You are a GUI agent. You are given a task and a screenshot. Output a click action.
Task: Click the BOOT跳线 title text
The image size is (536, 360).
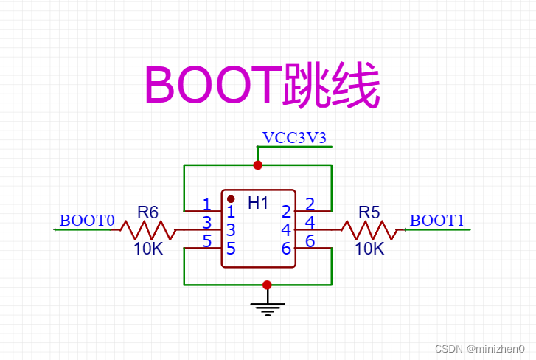click(262, 86)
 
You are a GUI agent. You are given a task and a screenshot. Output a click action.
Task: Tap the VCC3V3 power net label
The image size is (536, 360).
click(294, 138)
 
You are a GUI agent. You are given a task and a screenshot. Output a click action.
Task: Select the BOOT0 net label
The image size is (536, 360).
click(87, 221)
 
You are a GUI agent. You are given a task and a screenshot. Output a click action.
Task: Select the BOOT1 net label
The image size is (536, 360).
click(437, 221)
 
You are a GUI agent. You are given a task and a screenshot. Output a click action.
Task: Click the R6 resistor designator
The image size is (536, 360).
click(148, 212)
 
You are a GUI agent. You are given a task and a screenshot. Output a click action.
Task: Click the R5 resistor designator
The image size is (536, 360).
click(369, 212)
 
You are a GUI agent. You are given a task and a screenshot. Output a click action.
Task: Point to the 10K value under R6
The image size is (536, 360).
click(148, 249)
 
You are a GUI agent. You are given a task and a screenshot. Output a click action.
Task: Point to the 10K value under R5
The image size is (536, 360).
click(369, 249)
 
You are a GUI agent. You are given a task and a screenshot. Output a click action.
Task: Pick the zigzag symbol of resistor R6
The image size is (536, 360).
click(148, 230)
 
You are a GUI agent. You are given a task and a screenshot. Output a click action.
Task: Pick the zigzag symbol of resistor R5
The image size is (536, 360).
click(369, 230)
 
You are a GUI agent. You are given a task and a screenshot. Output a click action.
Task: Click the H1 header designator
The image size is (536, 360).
click(258, 203)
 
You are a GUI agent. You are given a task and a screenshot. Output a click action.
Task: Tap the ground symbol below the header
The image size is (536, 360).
click(267, 306)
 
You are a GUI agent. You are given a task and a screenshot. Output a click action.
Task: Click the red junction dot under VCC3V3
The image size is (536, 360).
click(257, 165)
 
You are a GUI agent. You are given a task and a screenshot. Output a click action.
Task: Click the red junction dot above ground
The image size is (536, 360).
click(267, 285)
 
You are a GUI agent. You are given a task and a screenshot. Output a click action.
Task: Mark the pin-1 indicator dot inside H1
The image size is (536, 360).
click(231, 199)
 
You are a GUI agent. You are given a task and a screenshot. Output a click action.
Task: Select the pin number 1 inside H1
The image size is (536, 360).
click(231, 212)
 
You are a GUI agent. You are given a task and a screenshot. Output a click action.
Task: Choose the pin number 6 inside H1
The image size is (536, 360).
click(286, 249)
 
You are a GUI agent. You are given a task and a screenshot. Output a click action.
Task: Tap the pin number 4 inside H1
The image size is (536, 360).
click(286, 230)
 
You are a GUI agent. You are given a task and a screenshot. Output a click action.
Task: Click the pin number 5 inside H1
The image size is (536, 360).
click(231, 249)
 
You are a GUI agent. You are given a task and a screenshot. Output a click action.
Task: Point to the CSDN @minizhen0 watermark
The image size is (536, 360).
click(479, 348)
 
